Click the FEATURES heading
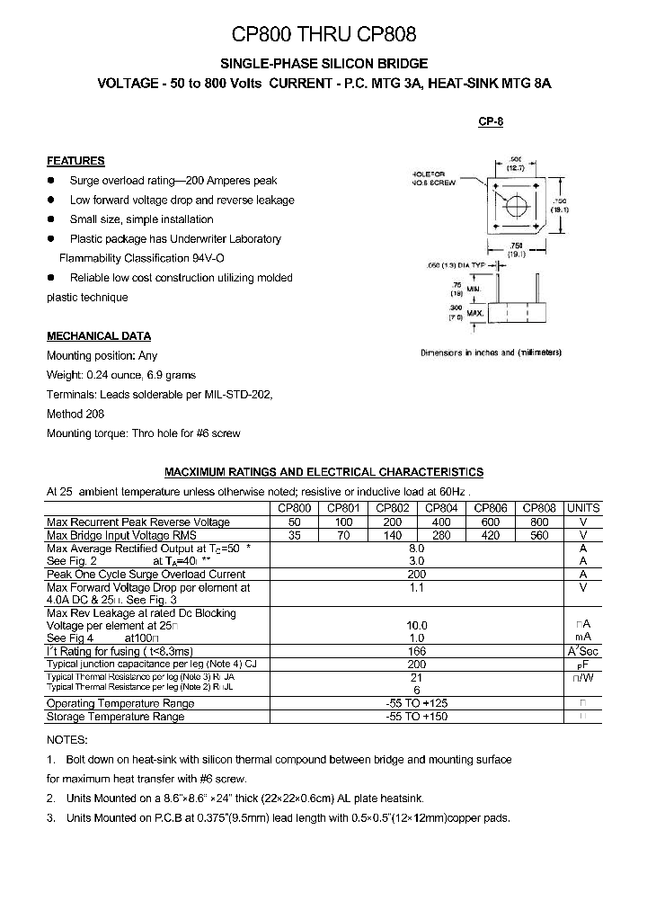[75, 161]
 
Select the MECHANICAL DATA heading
[99, 336]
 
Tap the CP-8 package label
[490, 121]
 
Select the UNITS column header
[583, 508]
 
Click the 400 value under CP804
[442, 522]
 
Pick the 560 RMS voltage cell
[539, 535]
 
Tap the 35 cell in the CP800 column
[294, 535]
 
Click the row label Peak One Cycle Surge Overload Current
[146, 574]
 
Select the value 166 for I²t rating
[416, 651]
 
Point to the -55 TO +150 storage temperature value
[416, 717]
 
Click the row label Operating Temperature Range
[120, 703]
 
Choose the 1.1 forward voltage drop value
[416, 587]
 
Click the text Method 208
[75, 414]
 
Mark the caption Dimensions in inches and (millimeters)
[491, 352]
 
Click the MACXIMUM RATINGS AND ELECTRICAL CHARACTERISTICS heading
[323, 471]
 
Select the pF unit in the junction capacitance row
[583, 665]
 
